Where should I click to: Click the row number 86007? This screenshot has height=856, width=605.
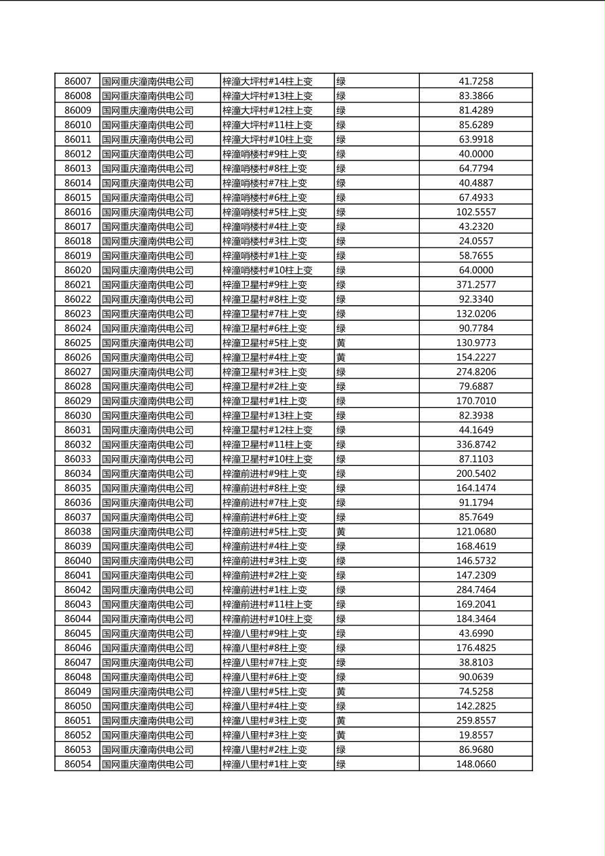pyautogui.click(x=77, y=81)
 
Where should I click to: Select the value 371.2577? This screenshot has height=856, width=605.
pyautogui.click(x=475, y=285)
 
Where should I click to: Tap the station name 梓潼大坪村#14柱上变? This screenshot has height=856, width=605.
pyautogui.click(x=267, y=81)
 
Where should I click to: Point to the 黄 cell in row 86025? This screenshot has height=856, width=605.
pyautogui.click(x=341, y=343)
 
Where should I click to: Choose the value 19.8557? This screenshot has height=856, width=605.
pyautogui.click(x=475, y=735)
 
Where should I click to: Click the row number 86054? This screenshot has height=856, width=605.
pyautogui.click(x=77, y=764)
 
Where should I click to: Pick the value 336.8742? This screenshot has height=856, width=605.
pyautogui.click(x=475, y=445)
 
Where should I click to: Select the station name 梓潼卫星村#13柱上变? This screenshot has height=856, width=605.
pyautogui.click(x=267, y=416)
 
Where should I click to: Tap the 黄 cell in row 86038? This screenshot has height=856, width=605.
pyautogui.click(x=341, y=532)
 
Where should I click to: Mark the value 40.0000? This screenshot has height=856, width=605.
pyautogui.click(x=475, y=154)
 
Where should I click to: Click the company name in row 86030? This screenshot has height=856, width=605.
pyautogui.click(x=147, y=416)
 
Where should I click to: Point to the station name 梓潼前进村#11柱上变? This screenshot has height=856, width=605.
pyautogui.click(x=267, y=604)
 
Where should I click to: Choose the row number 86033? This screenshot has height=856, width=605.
pyautogui.click(x=77, y=459)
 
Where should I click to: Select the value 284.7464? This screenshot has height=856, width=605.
pyautogui.click(x=475, y=590)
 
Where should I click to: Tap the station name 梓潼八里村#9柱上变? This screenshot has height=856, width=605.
pyautogui.click(x=265, y=634)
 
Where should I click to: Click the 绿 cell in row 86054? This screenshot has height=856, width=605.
pyautogui.click(x=341, y=764)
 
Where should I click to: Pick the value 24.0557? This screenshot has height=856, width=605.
pyautogui.click(x=475, y=241)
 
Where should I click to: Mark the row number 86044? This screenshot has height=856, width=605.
pyautogui.click(x=77, y=619)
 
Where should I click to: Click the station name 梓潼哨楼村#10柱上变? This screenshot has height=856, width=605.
pyautogui.click(x=267, y=271)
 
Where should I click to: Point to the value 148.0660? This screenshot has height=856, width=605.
pyautogui.click(x=475, y=764)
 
